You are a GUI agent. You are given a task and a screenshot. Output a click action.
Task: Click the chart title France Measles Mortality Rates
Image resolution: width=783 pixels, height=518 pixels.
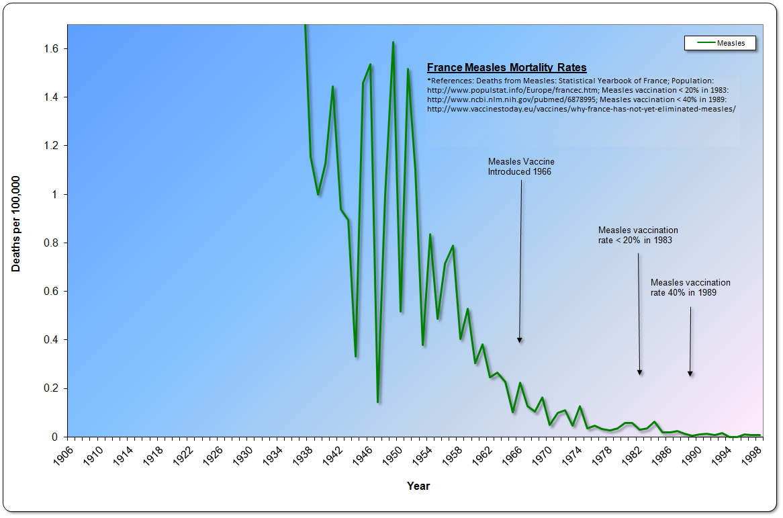(507, 67)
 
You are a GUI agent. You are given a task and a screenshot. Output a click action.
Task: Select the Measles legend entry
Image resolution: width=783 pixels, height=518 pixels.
(719, 43)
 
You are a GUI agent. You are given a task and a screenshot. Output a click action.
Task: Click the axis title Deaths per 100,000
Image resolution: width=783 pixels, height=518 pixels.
(16, 224)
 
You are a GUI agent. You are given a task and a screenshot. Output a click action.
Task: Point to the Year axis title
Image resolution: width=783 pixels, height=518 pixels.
(418, 486)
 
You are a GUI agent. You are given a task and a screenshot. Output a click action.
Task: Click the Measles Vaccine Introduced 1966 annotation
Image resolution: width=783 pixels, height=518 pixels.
(521, 167)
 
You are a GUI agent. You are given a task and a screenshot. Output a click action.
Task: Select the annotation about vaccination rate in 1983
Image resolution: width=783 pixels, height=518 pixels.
(637, 234)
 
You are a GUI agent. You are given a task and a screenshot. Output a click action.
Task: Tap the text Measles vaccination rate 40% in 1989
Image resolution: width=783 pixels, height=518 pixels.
(690, 288)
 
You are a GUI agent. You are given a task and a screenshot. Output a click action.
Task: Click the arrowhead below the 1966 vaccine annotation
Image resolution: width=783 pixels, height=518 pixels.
(519, 340)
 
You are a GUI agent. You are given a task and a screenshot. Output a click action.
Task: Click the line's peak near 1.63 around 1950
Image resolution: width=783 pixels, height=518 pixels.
(393, 42)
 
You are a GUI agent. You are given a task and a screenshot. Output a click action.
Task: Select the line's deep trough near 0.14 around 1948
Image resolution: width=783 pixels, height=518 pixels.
(378, 402)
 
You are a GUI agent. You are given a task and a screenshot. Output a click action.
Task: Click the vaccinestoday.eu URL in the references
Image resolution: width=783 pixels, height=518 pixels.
(582, 109)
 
